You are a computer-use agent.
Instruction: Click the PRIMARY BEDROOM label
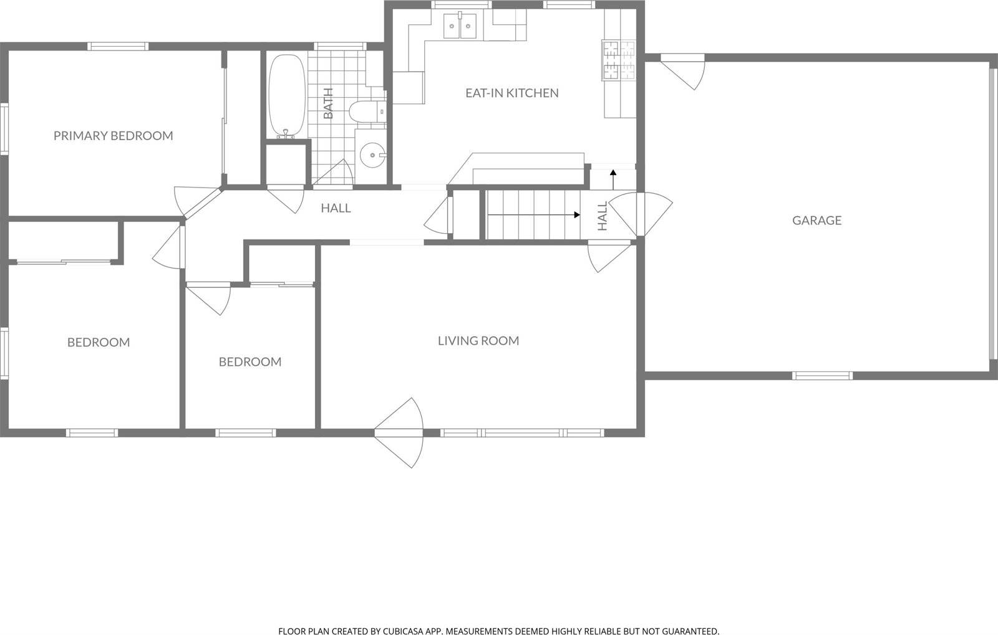coord(113,135)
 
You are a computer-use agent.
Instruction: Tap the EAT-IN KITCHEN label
coord(511,93)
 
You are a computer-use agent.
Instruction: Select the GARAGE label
coord(816,220)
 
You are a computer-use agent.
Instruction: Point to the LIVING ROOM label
coord(478,340)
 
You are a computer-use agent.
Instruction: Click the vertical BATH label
coord(329,103)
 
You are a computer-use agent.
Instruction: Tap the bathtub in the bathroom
coord(287,96)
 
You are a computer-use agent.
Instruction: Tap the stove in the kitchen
coord(618,60)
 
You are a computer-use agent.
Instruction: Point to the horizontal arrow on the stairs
coord(533,215)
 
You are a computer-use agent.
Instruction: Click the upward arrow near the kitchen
coord(613,179)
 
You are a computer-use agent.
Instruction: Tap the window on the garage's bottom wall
coord(822,376)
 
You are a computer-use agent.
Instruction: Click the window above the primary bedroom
coord(118,45)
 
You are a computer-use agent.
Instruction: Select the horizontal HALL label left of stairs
coord(336,208)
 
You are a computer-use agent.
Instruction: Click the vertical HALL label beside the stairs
coord(603,216)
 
